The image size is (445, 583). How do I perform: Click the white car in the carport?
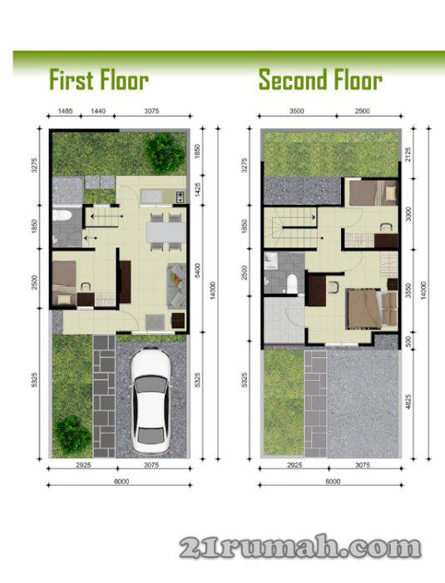click(151, 400)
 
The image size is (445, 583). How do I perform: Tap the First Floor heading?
click(99, 80)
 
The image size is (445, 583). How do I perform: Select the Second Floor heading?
click(320, 80)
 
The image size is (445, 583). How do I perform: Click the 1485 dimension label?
click(66, 111)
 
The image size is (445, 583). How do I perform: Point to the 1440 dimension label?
click(98, 111)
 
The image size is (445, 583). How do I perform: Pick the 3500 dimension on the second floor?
click(297, 111)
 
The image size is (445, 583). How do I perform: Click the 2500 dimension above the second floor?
click(362, 111)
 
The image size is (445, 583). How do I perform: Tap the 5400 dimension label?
click(197, 271)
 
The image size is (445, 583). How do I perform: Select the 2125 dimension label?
click(408, 155)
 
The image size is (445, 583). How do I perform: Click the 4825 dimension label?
click(408, 401)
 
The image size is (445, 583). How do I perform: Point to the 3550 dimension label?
click(408, 291)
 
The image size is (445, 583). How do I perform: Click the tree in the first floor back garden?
click(164, 152)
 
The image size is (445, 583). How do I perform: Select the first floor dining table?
click(166, 232)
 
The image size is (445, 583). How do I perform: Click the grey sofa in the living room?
click(176, 286)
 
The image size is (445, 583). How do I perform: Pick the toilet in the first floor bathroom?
click(62, 215)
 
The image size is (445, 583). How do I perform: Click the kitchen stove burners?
click(180, 196)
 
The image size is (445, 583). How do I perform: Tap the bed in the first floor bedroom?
click(64, 283)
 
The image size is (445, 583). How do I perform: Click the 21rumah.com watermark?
click(301, 548)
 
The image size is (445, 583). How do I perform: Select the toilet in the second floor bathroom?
click(293, 283)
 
